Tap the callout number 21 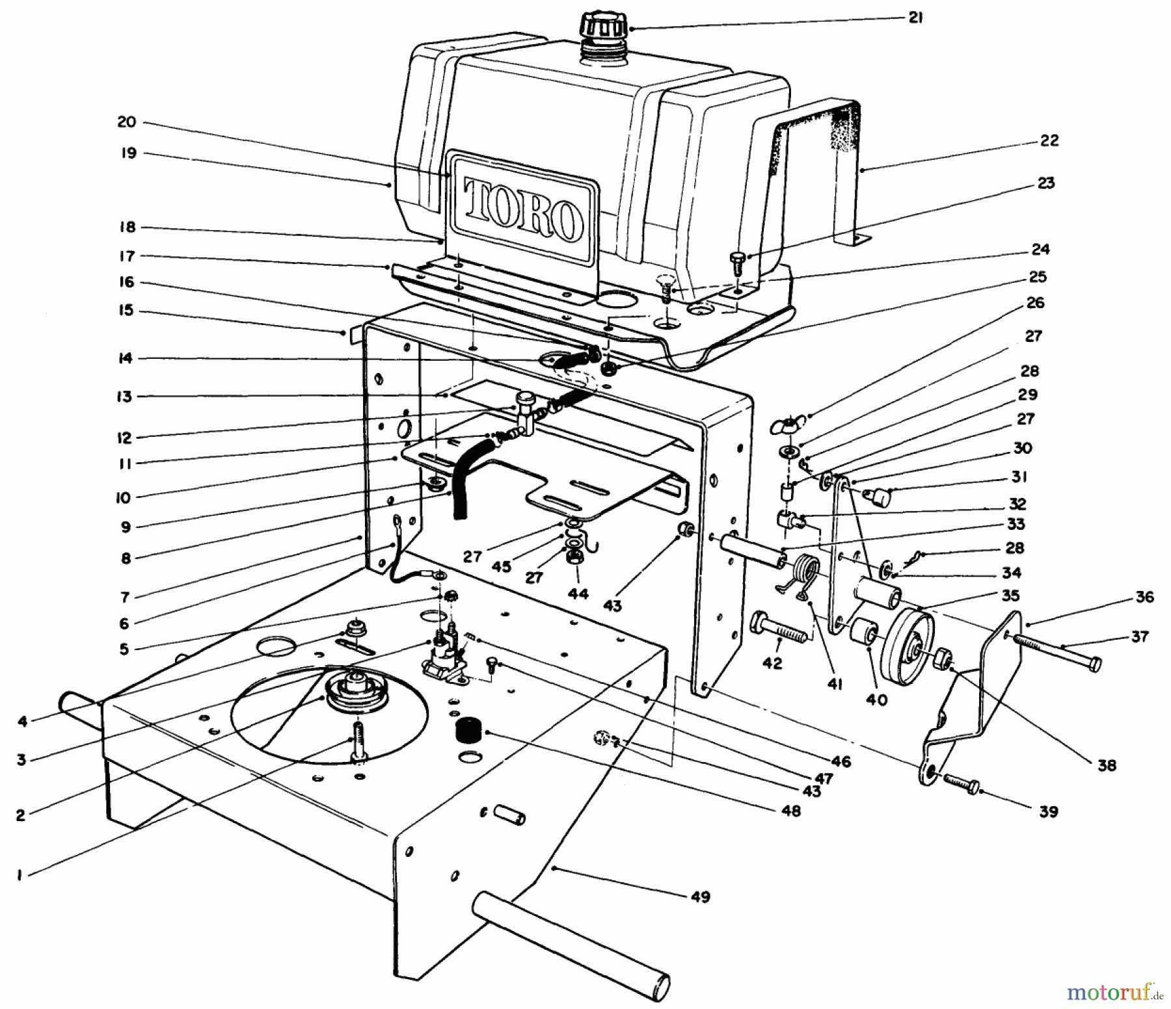point(915,18)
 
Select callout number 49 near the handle point(701,897)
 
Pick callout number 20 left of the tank point(127,122)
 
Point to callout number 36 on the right point(1144,596)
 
